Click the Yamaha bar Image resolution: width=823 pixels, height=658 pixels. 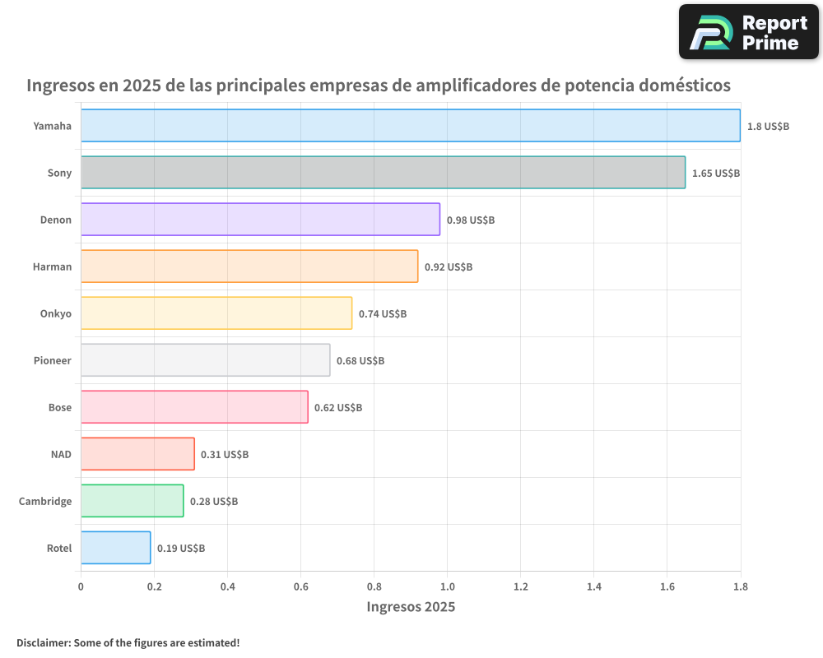(410, 126)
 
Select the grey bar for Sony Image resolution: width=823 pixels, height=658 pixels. (383, 173)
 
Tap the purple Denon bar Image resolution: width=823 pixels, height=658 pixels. (260, 220)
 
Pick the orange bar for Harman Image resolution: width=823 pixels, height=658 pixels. (249, 266)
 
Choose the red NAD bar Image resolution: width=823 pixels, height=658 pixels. (137, 454)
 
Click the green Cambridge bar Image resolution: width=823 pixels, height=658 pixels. (132, 501)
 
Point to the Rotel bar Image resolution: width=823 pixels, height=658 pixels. (115, 548)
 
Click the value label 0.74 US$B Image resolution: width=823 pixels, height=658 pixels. (383, 314)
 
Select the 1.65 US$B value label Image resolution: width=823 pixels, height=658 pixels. (715, 174)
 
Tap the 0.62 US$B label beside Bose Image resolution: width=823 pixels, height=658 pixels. (338, 408)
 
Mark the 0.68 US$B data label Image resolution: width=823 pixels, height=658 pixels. (360, 361)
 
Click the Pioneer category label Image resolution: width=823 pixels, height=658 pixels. (53, 361)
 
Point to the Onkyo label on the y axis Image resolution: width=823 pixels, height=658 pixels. (56, 314)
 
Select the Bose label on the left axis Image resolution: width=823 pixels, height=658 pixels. (60, 408)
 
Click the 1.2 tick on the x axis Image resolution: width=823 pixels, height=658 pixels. (521, 587)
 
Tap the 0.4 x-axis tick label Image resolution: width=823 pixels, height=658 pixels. (227, 587)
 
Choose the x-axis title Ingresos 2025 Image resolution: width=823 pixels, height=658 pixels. (411, 608)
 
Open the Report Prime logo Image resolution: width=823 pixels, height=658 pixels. (749, 32)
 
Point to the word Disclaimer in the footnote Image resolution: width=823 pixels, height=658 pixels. (42, 643)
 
